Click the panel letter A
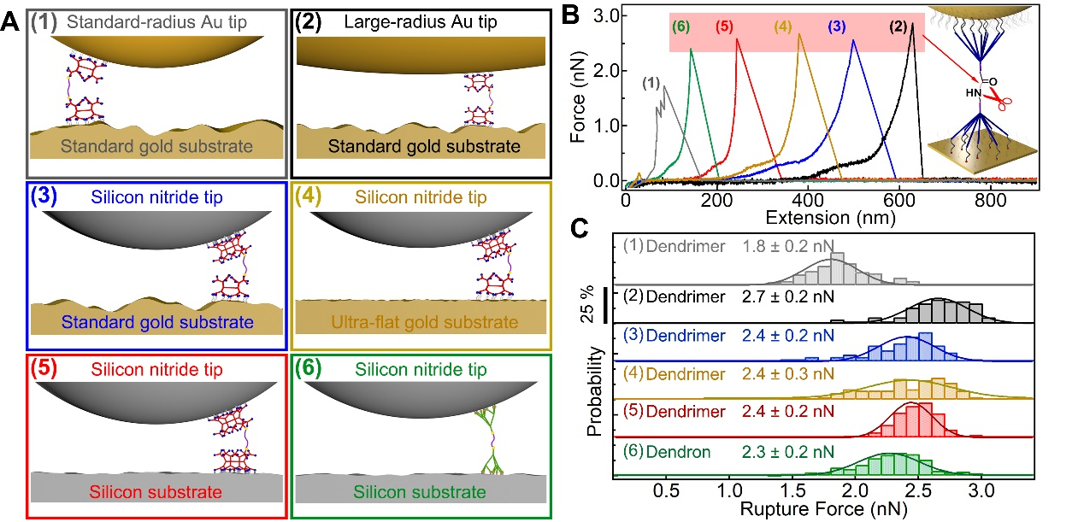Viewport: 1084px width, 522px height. [11, 22]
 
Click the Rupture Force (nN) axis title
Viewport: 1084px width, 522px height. [824, 509]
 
